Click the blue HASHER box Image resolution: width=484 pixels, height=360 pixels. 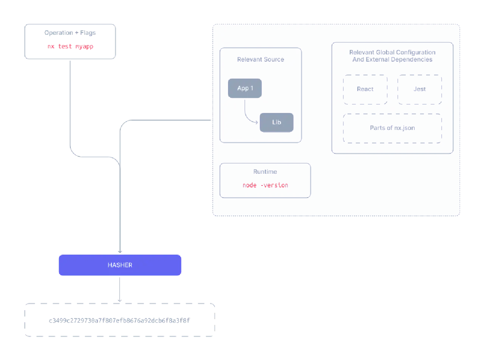pos(119,265)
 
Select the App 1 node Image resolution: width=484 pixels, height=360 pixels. pos(245,88)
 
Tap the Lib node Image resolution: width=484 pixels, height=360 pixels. pos(276,122)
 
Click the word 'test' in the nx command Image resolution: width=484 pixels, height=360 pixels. pos(65,46)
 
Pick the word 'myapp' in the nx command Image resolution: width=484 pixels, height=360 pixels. pos(85,46)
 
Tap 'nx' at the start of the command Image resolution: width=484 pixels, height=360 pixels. pos(50,46)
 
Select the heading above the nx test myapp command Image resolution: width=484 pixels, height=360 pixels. pos(69,33)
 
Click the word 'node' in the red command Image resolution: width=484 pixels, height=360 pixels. pos(250,185)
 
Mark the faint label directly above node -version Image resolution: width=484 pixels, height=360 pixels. pos(265,172)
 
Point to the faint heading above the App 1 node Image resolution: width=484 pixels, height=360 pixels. pos(261,60)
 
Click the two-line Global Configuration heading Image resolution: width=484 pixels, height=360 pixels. pos(392,56)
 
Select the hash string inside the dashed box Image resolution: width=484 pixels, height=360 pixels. pos(119,320)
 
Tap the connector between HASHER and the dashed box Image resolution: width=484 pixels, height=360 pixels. pos(119,289)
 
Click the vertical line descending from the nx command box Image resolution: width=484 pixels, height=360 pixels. pos(71,106)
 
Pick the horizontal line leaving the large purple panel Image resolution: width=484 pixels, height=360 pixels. pos(170,120)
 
